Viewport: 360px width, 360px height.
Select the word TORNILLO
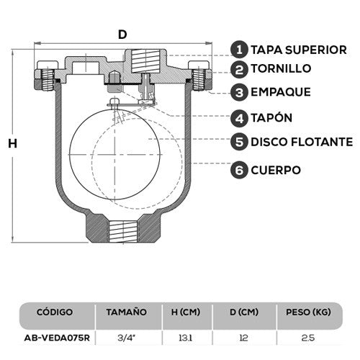[282, 69]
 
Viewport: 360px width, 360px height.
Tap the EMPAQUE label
[281, 92]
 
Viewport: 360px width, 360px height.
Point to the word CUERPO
[276, 170]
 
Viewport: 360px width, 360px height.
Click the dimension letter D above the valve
[123, 34]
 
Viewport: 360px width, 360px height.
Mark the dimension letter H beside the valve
[12, 143]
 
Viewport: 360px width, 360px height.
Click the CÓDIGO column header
[54, 312]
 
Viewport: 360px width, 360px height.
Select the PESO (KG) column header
[307, 312]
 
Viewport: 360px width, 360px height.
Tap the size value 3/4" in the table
[125, 336]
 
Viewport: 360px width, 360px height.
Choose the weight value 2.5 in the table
[308, 336]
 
